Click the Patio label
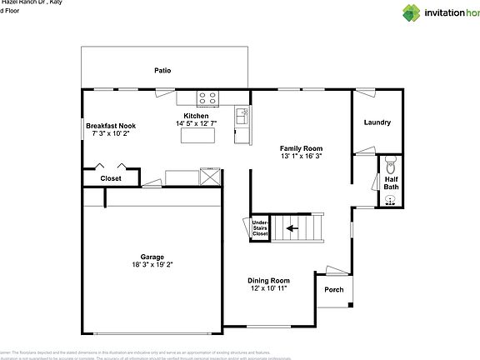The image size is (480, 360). click(162, 70)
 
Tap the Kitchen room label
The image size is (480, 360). click(196, 116)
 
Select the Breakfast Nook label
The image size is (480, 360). click(111, 126)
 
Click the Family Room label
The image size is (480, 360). click(300, 147)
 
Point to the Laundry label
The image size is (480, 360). click(377, 122)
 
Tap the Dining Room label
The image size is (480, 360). click(268, 280)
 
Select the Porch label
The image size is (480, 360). click(333, 289)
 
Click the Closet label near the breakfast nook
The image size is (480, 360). click(111, 178)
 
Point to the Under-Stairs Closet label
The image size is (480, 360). click(260, 227)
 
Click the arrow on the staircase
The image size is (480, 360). click(292, 227)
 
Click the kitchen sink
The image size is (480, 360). click(242, 116)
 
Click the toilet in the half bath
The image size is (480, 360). click(390, 162)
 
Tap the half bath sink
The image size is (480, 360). click(391, 199)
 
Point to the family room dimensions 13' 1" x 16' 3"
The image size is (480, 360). click(300, 156)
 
